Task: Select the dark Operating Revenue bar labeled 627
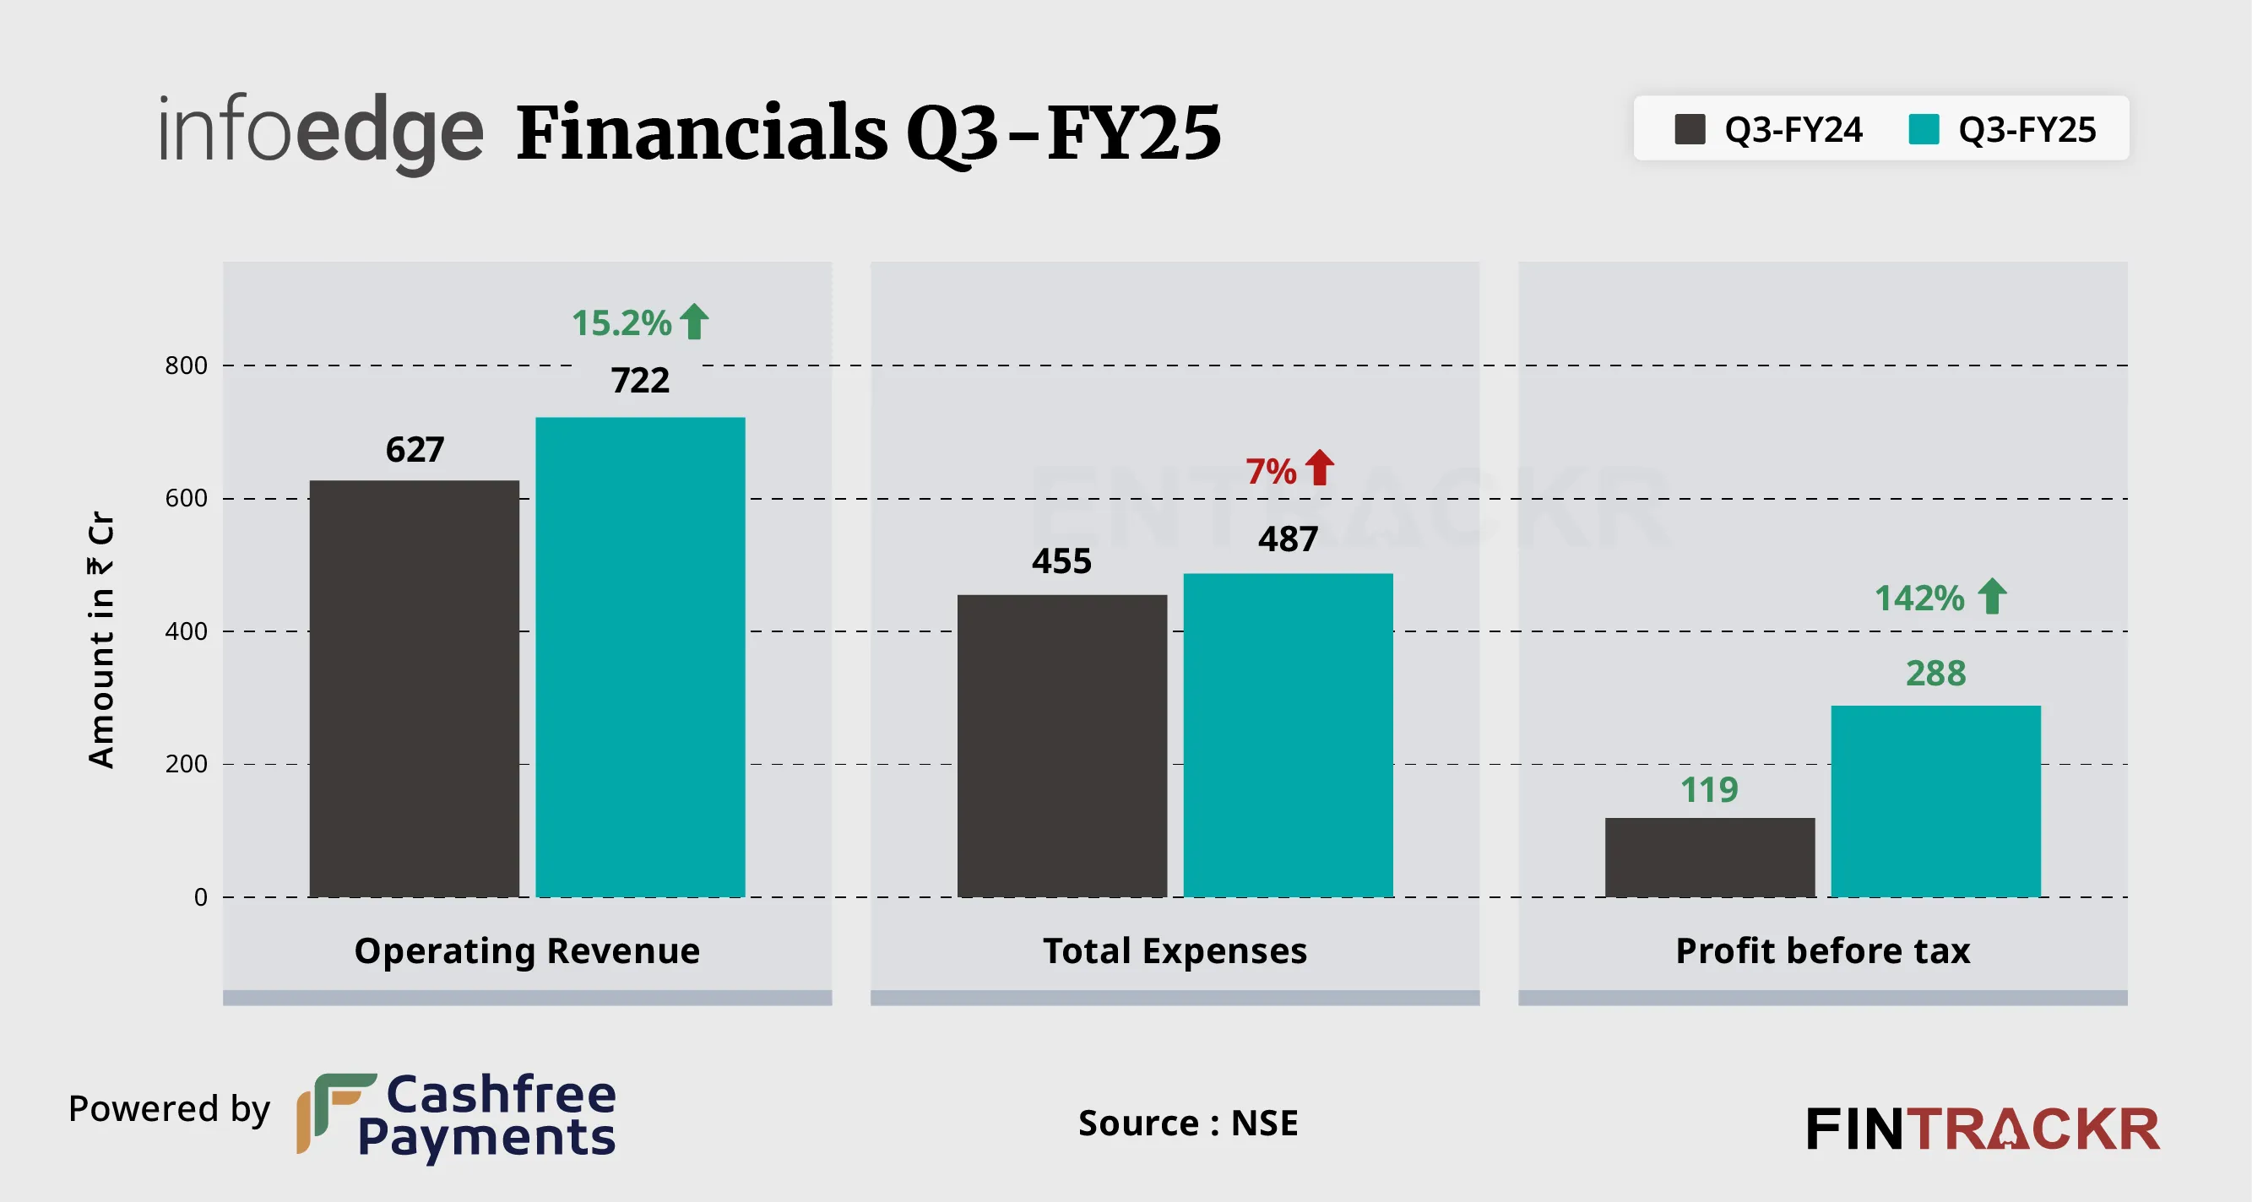(x=414, y=688)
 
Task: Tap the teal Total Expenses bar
(x=1288, y=734)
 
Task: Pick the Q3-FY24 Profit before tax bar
(x=1709, y=857)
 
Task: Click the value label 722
(x=640, y=381)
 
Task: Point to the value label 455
(x=1061, y=561)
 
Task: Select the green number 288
(x=1935, y=673)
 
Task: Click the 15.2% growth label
(x=621, y=322)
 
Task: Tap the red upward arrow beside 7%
(x=1320, y=468)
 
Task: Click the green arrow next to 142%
(x=1993, y=596)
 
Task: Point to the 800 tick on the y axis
(x=187, y=365)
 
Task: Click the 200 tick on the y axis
(x=187, y=764)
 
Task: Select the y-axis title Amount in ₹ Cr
(x=101, y=640)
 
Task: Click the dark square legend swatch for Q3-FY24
(x=1689, y=129)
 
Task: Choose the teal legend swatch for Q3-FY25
(x=1924, y=129)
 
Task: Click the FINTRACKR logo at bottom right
(x=1983, y=1129)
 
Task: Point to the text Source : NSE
(x=1188, y=1123)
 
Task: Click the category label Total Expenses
(x=1175, y=950)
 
